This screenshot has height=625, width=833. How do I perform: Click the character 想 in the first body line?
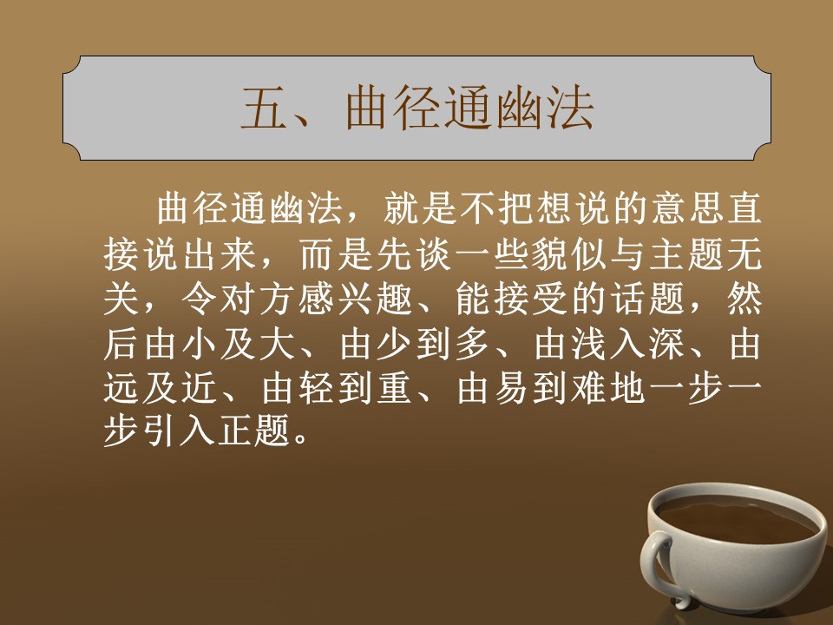point(553,209)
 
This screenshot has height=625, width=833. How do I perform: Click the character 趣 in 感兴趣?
point(397,299)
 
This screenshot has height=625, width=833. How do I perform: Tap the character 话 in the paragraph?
point(630,299)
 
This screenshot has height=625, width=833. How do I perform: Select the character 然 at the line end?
point(744,299)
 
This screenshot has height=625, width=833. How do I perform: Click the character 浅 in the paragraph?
point(590,345)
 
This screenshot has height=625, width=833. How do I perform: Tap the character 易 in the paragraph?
point(512,389)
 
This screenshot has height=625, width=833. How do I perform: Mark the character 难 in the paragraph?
point(590,389)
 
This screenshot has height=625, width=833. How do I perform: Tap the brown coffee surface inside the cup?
point(736,519)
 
